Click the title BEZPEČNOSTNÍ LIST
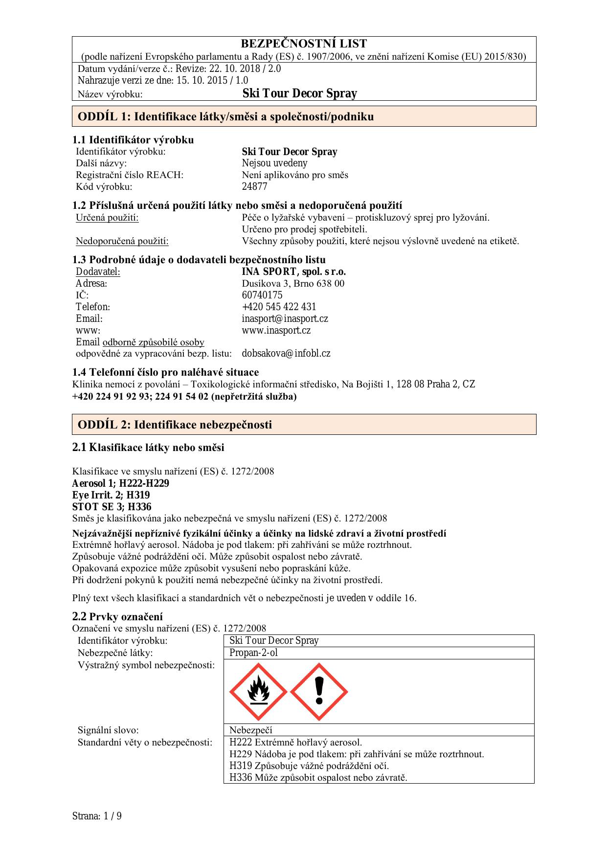304,44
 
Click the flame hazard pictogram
258,692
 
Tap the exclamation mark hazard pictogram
319,692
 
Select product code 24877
254,186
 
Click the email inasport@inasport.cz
285,318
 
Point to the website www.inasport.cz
276,330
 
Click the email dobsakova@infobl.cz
286,353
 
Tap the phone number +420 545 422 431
279,307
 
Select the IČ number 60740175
262,295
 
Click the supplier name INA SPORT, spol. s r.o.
293,271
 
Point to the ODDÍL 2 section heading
175,425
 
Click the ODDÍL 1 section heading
225,116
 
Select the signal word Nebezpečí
251,730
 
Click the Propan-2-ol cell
253,653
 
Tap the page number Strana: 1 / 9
97,816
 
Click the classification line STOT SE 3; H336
112,507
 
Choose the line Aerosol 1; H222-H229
120,483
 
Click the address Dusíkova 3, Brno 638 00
293,283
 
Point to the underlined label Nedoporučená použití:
122,241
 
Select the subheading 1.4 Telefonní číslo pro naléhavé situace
165,372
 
